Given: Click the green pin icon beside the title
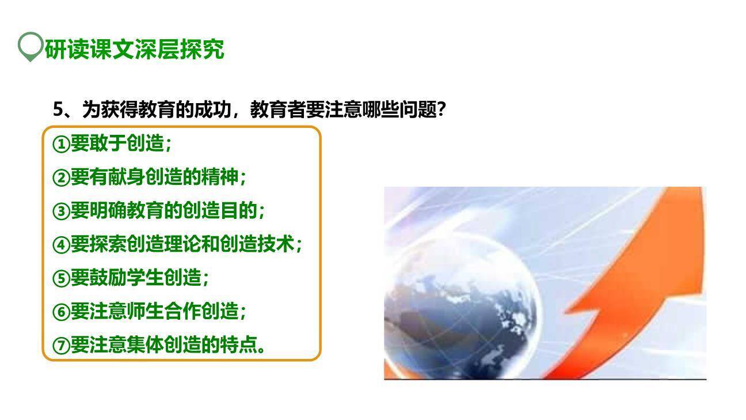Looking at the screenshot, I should click(x=30, y=46).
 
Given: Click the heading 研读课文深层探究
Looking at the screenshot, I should click(x=134, y=50).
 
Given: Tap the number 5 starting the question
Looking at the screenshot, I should click(x=58, y=109).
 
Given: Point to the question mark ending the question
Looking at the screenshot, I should click(x=441, y=109).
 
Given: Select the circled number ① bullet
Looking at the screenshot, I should click(x=61, y=143).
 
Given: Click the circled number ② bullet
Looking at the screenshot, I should click(x=61, y=177).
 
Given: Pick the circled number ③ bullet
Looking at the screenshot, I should click(x=61, y=211).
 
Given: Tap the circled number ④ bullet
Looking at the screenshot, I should click(x=61, y=244).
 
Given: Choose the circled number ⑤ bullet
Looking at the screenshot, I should click(x=61, y=278).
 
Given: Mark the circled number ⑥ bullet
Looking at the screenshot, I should click(x=61, y=312).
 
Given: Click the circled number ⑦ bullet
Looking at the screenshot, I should click(x=61, y=346).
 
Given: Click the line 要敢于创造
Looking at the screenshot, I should click(x=117, y=143).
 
